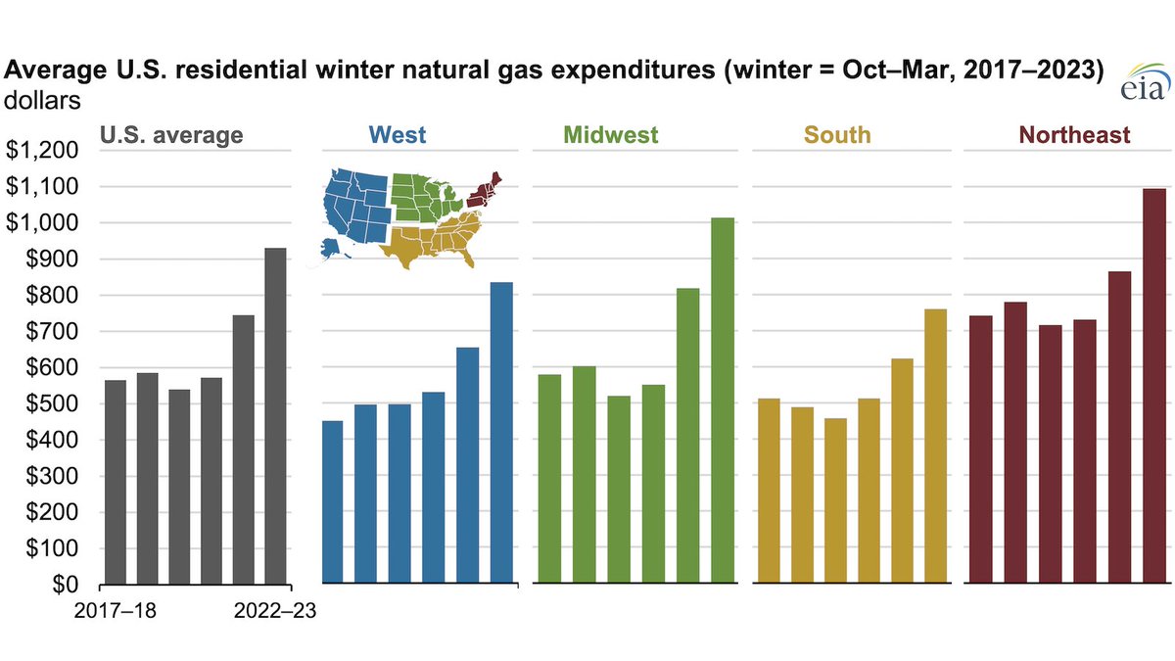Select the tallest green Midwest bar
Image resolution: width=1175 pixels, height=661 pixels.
coord(723,401)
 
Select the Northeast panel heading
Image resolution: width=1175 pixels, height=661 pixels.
coord(1074,134)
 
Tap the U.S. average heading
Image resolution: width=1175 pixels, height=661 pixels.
coord(172,134)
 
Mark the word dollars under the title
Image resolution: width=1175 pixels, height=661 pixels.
coord(43,99)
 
